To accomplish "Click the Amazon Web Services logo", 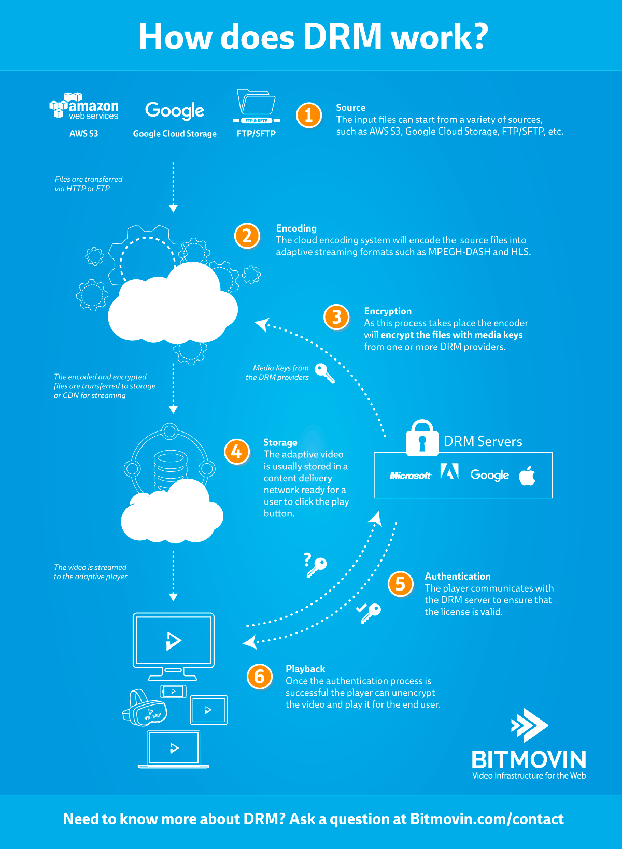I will [x=84, y=106].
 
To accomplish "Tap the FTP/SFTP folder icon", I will [x=256, y=105].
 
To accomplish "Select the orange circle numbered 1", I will [x=309, y=115].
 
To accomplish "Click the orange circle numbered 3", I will [x=337, y=317].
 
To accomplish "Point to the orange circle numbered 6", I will [x=260, y=676].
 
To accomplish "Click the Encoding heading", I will [x=296, y=228].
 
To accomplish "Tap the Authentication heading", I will [x=457, y=576].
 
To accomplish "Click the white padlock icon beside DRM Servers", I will [x=422, y=438].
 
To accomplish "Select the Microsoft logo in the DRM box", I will [x=410, y=476].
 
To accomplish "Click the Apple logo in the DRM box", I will [x=527, y=475].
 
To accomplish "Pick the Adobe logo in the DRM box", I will [x=449, y=471].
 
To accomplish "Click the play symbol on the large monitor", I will [x=174, y=640].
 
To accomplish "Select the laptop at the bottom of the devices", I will [x=174, y=749].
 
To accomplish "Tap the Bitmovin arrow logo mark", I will [x=529, y=725].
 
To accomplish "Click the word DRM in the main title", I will [x=343, y=37].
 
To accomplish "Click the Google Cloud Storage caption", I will [x=175, y=134].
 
